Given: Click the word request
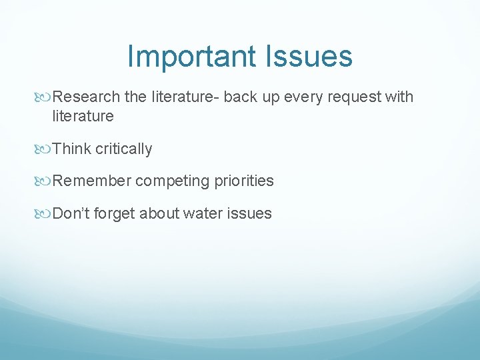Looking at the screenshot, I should (x=355, y=97).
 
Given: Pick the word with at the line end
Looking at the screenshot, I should (x=399, y=97).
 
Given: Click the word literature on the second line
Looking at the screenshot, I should (x=83, y=117).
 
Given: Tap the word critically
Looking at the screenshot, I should (x=124, y=149).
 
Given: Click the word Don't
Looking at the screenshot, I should (x=69, y=213).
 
